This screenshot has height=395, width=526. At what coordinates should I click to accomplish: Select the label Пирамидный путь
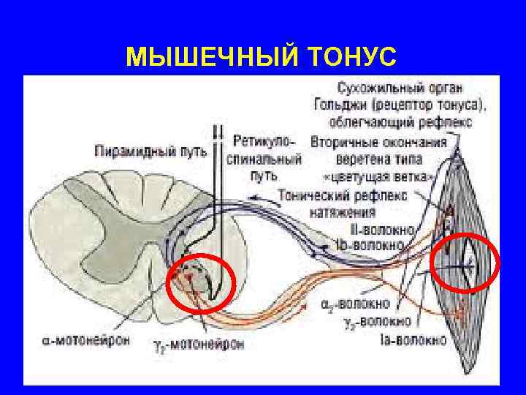click(150, 152)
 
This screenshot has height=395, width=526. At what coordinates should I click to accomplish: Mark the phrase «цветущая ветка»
click(378, 176)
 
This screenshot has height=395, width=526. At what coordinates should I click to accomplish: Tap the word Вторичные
click(346, 143)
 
